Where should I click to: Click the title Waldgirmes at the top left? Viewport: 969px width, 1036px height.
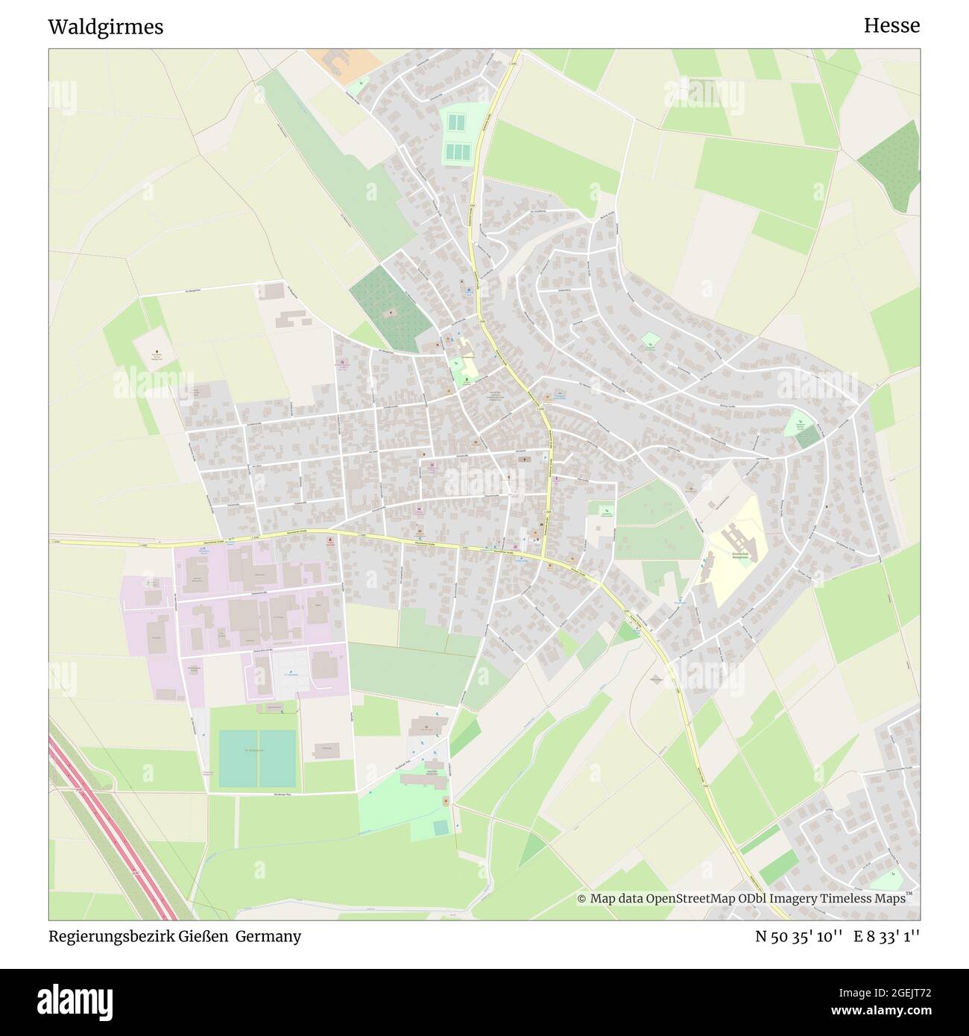(105, 27)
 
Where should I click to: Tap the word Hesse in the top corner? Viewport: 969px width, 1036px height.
(891, 25)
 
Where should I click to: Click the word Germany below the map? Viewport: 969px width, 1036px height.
(269, 937)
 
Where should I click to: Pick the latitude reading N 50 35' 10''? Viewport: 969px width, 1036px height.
(798, 937)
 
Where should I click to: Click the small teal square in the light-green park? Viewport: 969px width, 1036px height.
(441, 827)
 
